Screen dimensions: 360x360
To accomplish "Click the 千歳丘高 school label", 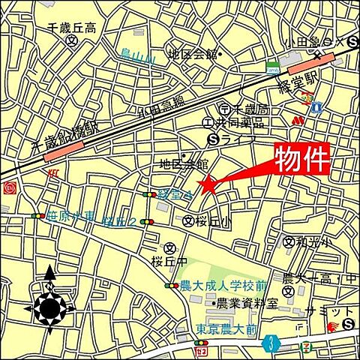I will (x=72, y=28).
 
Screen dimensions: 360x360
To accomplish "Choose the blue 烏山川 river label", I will (x=138, y=54).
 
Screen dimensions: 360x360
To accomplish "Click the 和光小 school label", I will (x=307, y=242).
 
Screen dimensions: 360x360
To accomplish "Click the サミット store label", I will (x=331, y=311).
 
